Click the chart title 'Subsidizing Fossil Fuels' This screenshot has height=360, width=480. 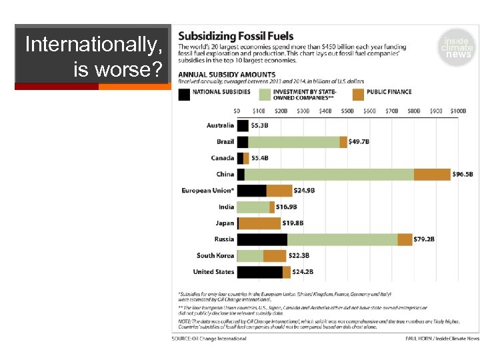tap(235, 36)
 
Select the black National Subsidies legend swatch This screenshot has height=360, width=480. tap(183, 95)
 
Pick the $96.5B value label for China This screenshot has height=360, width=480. tap(464, 175)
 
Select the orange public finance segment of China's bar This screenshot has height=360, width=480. tap(432, 175)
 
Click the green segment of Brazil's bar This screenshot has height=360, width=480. tap(293, 142)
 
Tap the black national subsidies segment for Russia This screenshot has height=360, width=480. tap(262, 239)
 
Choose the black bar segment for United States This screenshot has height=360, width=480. tap(259, 272)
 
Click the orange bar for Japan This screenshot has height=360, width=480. tap(260, 223)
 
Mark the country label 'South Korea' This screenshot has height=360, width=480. tap(215, 255)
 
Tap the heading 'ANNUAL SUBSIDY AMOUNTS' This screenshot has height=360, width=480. tap(227, 74)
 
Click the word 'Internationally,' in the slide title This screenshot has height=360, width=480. tap(93, 45)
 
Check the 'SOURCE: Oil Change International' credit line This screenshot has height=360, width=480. tap(209, 339)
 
